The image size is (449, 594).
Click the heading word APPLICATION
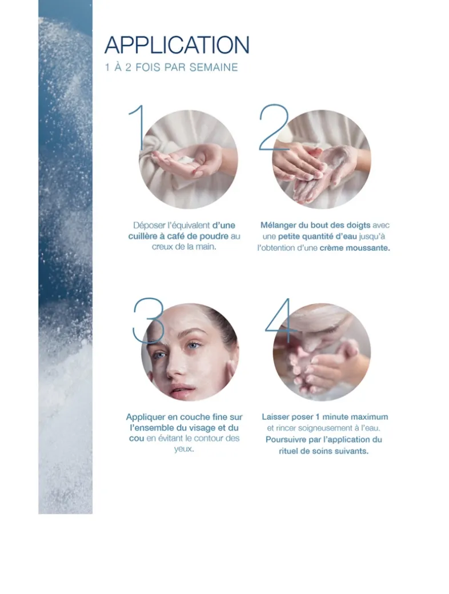[x=177, y=45]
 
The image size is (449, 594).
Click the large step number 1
[x=138, y=127]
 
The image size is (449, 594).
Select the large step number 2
[x=274, y=127]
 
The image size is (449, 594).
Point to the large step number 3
[x=149, y=320]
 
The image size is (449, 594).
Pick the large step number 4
[x=280, y=320]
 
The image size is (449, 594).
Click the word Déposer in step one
[x=149, y=225]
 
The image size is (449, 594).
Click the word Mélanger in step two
[x=278, y=225]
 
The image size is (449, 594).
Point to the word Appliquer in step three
[x=146, y=417]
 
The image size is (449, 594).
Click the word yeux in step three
[x=184, y=449]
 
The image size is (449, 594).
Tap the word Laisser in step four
[x=276, y=417]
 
